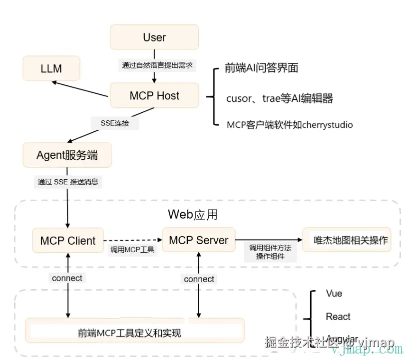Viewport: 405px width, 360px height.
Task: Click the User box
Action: click(154, 37)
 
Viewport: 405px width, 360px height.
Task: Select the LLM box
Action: click(51, 69)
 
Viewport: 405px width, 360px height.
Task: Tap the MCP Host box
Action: click(154, 96)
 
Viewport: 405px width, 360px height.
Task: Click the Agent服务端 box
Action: click(67, 155)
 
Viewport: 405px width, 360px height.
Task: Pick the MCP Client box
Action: click(68, 241)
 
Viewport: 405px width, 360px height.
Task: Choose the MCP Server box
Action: click(198, 240)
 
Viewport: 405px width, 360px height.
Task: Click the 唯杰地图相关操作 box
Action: click(351, 240)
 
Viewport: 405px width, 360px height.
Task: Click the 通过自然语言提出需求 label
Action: click(157, 65)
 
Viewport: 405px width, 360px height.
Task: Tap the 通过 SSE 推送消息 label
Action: click(68, 182)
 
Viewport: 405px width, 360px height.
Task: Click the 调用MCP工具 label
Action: click(132, 250)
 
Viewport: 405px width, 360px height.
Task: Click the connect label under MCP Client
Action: click(67, 278)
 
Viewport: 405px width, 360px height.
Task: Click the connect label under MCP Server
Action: click(199, 279)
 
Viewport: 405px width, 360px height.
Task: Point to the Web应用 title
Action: click(192, 215)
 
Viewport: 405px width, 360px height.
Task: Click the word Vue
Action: click(334, 294)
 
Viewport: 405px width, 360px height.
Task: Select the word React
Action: click(338, 317)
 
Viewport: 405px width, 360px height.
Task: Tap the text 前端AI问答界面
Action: click(261, 68)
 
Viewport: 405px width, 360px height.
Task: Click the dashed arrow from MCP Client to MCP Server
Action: click(133, 240)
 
